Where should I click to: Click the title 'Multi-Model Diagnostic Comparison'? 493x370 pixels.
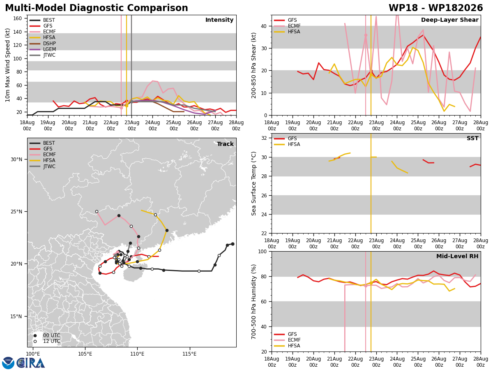tap(97, 8)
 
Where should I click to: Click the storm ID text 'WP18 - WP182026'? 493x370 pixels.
tap(435, 8)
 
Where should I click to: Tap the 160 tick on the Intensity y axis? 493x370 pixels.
tap(18, 18)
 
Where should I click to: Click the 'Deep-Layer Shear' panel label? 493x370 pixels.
tap(449, 20)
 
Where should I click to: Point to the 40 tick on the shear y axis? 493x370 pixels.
tap(264, 26)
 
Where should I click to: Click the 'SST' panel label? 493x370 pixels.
tap(472, 138)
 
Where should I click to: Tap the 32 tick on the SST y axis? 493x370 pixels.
tap(264, 138)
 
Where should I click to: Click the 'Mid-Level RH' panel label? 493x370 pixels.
tap(457, 256)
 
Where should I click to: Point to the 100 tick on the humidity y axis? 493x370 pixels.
tap(262, 252)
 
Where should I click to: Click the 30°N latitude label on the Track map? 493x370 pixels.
tap(16, 160)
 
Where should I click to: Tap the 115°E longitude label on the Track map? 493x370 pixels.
tap(189, 354)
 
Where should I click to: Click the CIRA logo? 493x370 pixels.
tap(23, 363)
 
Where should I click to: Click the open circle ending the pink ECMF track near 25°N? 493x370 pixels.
tap(97, 212)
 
